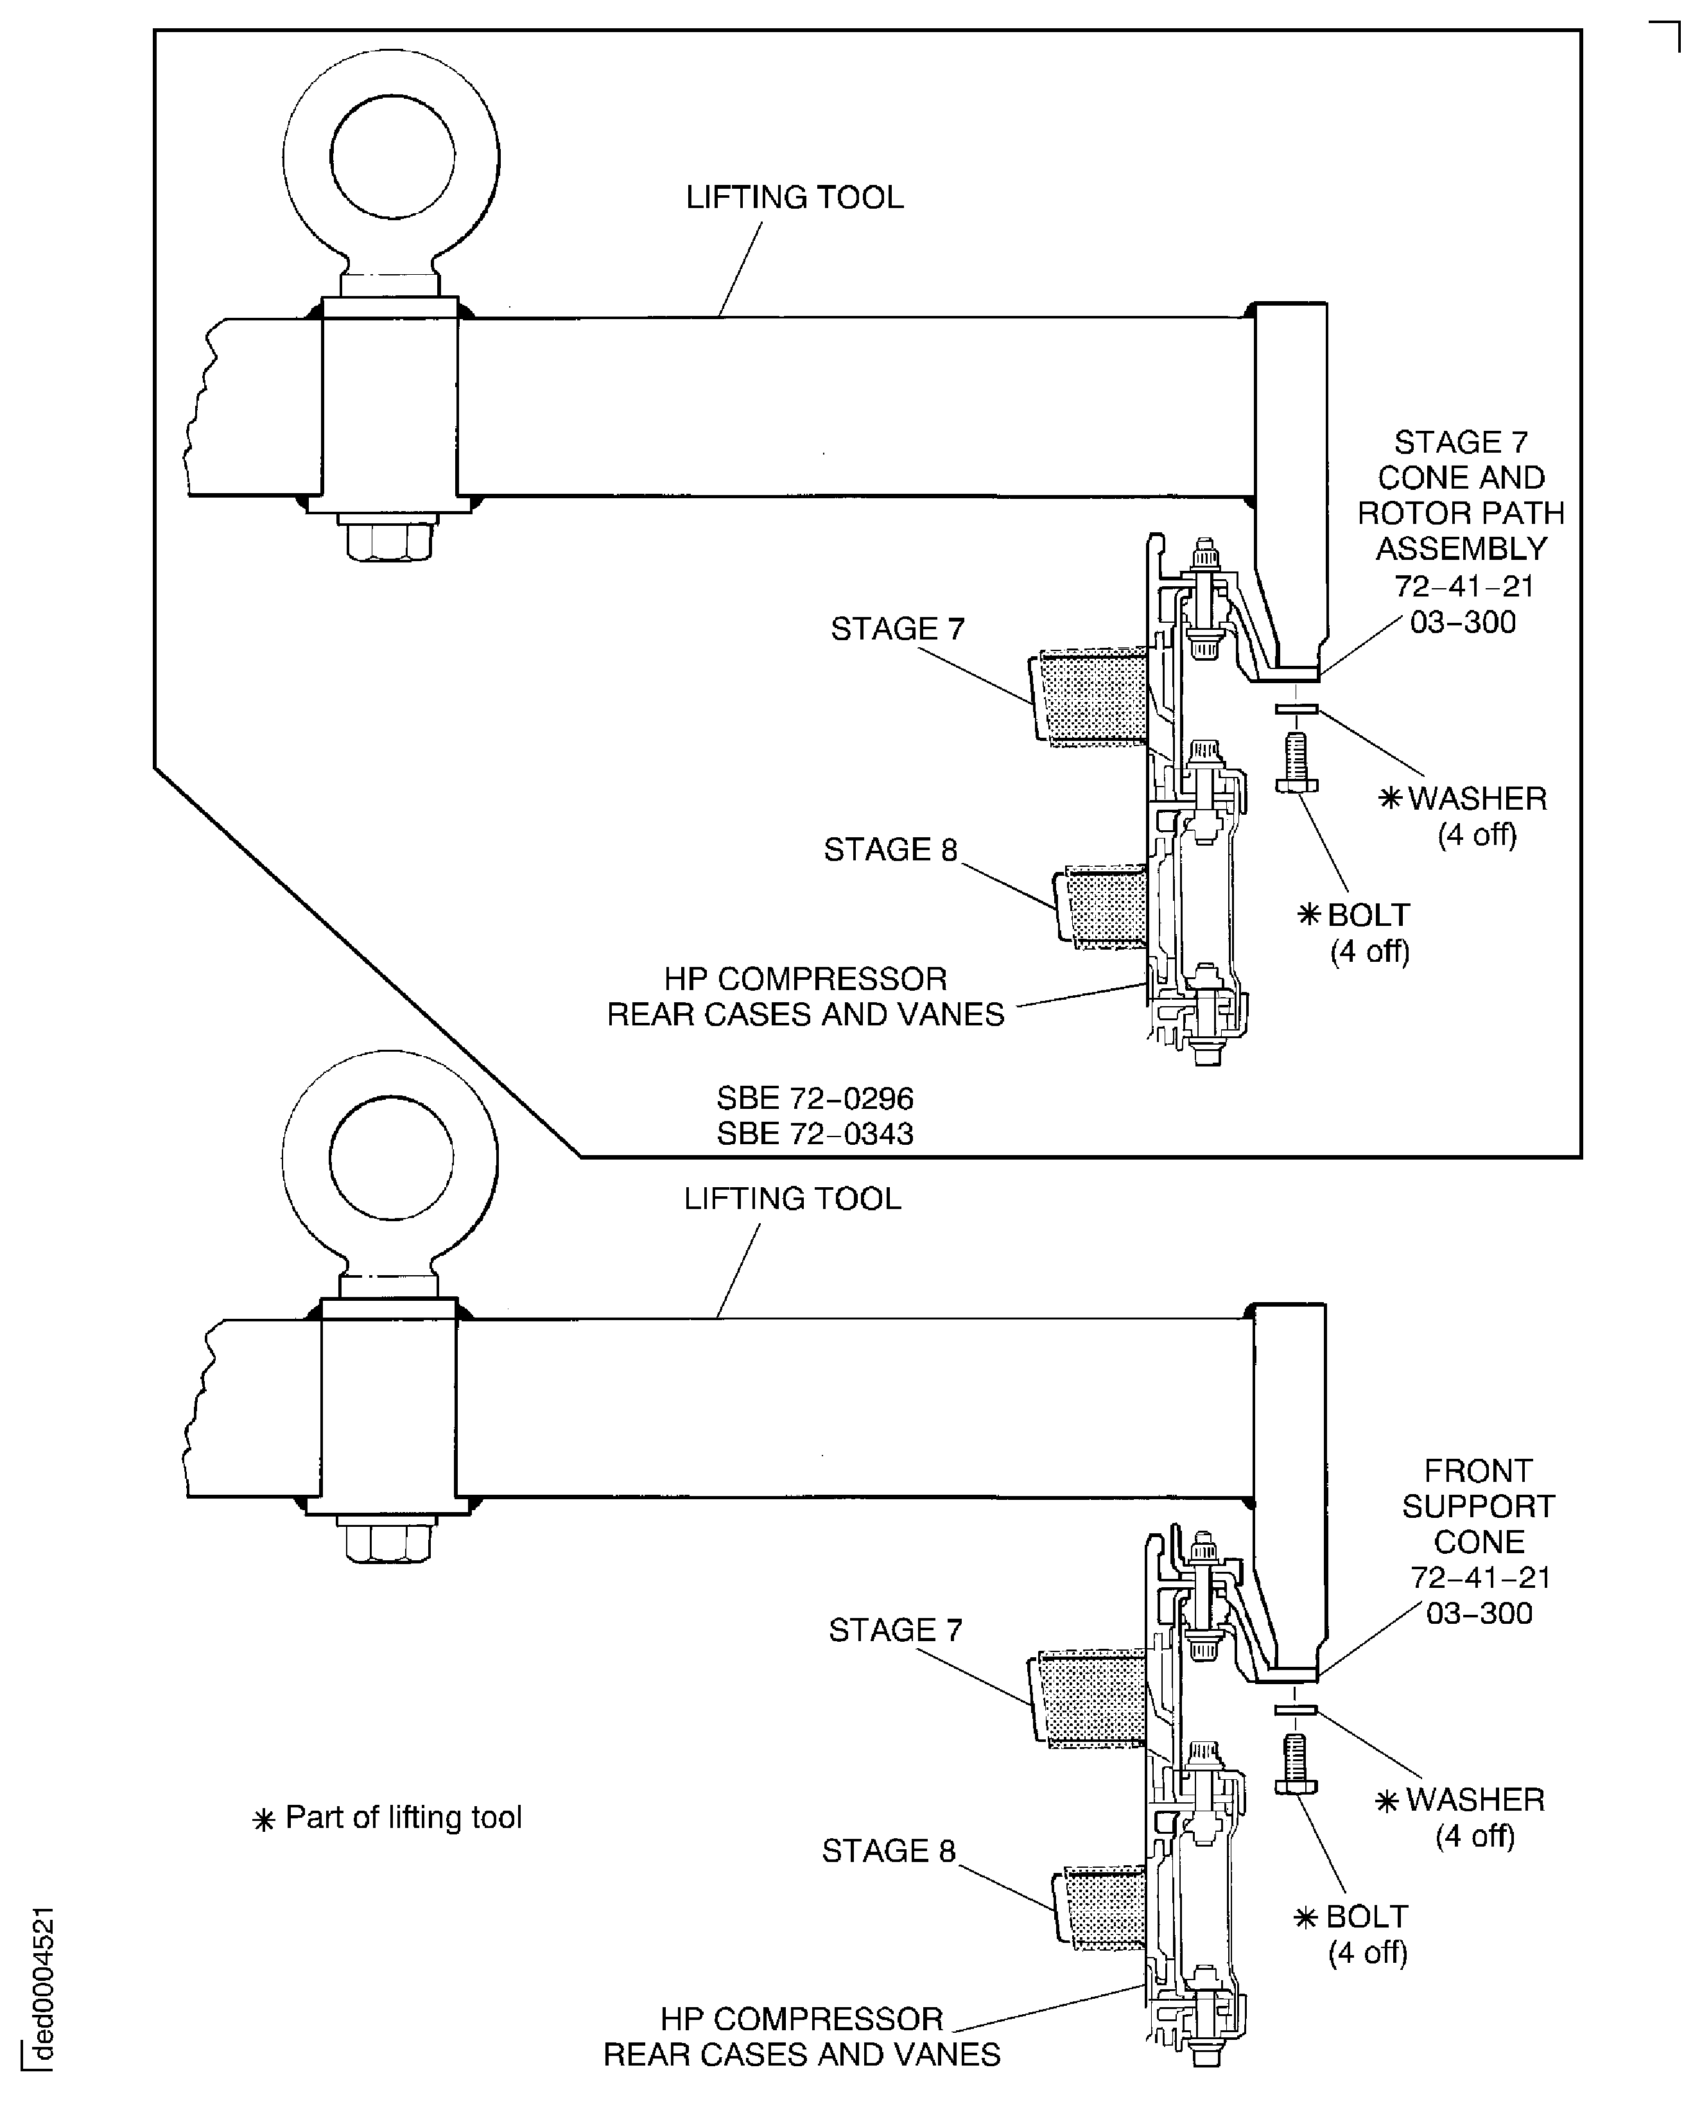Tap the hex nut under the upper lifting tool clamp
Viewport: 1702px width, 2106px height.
tap(389, 540)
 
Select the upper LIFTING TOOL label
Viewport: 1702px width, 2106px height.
tap(794, 198)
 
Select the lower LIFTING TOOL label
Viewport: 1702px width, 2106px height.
tap(792, 1199)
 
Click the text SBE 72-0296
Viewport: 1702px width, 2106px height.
tap(815, 1098)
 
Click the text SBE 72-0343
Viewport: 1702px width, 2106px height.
tap(815, 1133)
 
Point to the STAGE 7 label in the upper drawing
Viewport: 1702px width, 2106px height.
tap(897, 629)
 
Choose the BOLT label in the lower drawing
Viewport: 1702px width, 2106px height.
tap(1366, 1917)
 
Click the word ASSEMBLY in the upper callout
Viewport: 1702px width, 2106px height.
tap(1461, 548)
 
